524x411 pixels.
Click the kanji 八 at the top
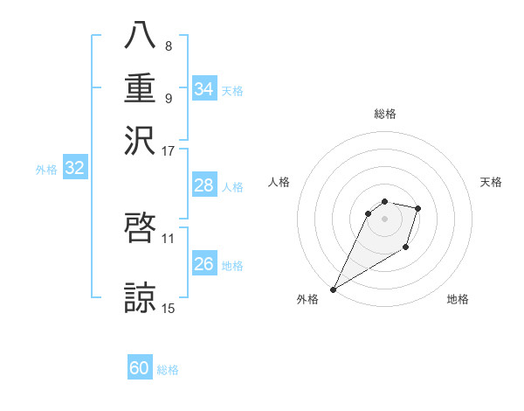(x=140, y=36)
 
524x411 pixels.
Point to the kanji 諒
(x=140, y=297)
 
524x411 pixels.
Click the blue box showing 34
(x=203, y=89)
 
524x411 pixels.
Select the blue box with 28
(x=203, y=185)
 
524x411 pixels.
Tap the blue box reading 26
(x=203, y=264)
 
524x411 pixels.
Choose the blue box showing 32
(x=74, y=169)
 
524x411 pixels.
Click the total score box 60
(x=140, y=368)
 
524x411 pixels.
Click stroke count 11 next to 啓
(x=169, y=237)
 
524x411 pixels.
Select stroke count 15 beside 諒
(x=169, y=308)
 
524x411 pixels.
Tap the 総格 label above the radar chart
(x=384, y=114)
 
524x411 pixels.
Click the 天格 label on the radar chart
(x=492, y=182)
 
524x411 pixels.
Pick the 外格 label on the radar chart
(x=307, y=299)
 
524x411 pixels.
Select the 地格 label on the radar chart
(x=458, y=299)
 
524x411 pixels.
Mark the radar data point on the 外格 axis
(x=333, y=289)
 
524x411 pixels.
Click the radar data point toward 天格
(x=418, y=208)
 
